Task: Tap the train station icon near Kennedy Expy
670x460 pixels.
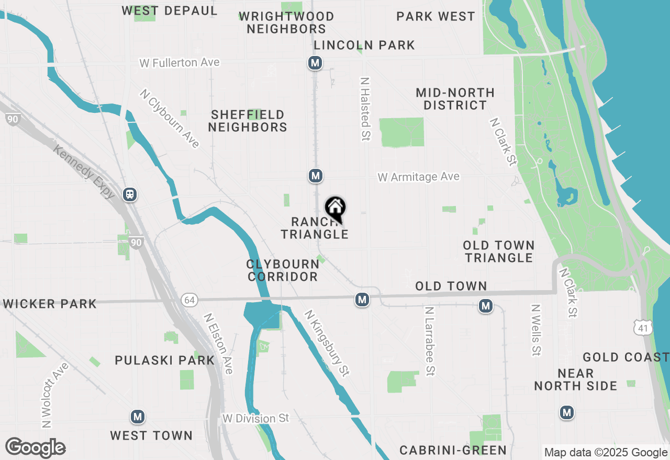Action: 130,194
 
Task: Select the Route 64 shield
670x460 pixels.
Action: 189,300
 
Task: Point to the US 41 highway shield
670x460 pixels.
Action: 642,327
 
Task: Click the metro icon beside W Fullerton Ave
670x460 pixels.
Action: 315,63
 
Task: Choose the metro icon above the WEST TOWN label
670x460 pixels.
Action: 138,417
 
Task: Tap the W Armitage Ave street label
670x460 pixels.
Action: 419,177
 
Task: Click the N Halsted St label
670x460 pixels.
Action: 365,109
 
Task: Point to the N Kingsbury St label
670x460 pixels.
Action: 327,343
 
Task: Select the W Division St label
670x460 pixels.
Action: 255,418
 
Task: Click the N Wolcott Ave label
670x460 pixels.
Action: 54,395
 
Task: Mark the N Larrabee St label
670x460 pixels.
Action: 430,341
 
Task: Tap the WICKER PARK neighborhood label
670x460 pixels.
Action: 50,304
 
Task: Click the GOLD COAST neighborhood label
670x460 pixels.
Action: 626,358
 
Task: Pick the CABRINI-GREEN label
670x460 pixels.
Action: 453,450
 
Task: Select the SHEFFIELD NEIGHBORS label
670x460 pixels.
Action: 248,121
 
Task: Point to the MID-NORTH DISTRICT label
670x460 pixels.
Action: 455,99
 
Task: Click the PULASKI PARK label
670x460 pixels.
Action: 165,360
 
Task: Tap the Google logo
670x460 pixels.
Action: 35,447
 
